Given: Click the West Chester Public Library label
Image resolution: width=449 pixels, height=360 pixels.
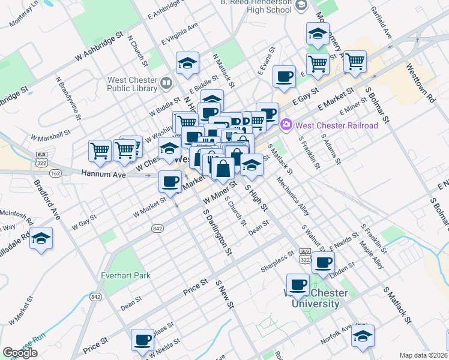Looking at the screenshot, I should click(x=133, y=85).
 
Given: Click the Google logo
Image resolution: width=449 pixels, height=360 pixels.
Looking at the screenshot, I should click(x=20, y=353).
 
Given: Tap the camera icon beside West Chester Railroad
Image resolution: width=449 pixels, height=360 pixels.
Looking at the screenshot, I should click(x=286, y=125).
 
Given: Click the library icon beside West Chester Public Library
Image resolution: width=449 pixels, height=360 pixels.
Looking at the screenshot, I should click(x=166, y=82).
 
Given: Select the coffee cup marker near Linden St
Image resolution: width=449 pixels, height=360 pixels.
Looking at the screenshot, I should click(x=324, y=262).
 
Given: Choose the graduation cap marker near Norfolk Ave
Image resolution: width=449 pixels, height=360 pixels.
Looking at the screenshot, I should click(x=363, y=336).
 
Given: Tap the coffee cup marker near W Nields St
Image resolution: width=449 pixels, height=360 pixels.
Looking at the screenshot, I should click(x=142, y=340).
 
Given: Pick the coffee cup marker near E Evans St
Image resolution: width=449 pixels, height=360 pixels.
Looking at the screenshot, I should click(x=283, y=76).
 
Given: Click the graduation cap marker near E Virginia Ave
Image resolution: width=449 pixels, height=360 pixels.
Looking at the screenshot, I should click(x=187, y=62).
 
